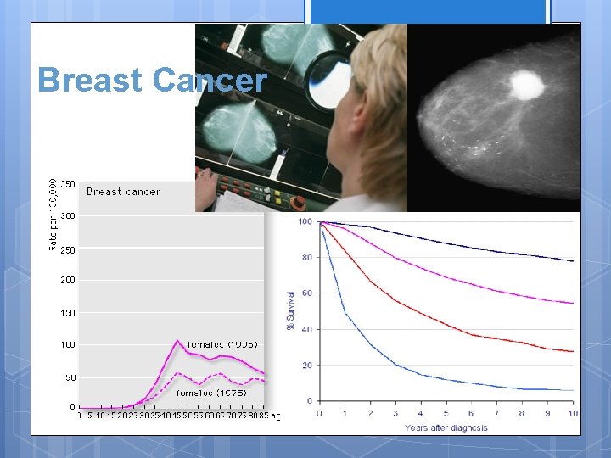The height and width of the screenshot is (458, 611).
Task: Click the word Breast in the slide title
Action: (89, 81)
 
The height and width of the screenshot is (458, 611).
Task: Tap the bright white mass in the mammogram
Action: (528, 84)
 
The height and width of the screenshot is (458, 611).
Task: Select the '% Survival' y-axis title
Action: (291, 310)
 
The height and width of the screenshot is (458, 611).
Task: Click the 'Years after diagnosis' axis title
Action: (446, 427)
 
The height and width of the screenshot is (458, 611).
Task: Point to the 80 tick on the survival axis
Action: (306, 258)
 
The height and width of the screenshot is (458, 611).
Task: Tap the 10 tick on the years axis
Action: (574, 413)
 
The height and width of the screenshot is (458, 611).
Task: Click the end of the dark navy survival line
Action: (573, 260)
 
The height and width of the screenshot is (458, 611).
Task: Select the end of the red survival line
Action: (573, 351)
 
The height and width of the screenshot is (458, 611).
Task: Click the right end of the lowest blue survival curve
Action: (573, 390)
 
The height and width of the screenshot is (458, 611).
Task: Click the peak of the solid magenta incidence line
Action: (177, 341)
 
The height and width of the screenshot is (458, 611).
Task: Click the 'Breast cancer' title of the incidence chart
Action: (123, 192)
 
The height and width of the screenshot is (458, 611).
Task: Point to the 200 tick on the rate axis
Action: (66, 280)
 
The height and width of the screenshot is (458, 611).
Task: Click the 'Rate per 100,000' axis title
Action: (53, 215)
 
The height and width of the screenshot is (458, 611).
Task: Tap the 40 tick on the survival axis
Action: (306, 329)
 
